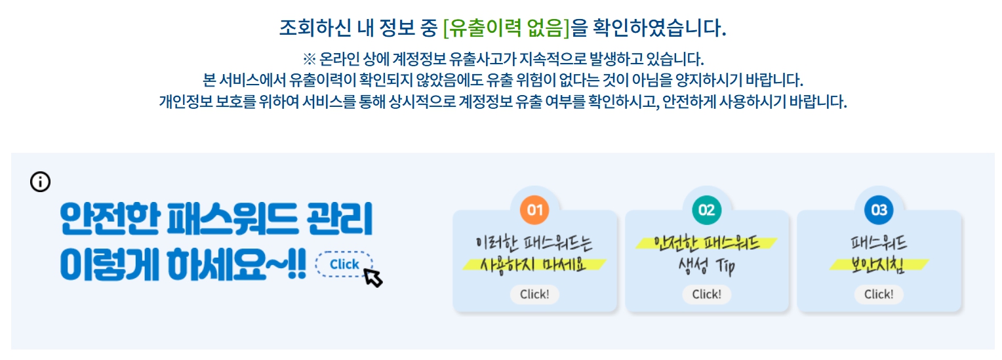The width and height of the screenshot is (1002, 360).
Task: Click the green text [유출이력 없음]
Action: pos(506,28)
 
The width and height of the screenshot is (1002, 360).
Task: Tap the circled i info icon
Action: pos(41,182)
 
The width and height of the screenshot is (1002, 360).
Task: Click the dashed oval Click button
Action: pos(344,264)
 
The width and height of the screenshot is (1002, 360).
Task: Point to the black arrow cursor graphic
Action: pos(373,277)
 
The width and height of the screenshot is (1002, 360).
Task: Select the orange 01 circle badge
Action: pos(535,210)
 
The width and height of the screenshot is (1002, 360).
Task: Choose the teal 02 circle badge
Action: pos(707,210)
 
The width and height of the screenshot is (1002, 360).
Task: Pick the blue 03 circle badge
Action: pos(879,210)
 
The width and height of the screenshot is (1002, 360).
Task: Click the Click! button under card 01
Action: pos(534,294)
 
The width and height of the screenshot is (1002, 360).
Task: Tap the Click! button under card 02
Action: pos(706,294)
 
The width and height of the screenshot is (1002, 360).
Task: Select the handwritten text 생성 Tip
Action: pos(706,266)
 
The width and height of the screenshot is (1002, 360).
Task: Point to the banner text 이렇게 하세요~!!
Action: pos(183,264)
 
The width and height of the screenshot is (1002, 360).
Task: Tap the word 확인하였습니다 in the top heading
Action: pos(659,28)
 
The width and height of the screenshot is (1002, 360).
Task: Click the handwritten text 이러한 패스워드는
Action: pos(534,243)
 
